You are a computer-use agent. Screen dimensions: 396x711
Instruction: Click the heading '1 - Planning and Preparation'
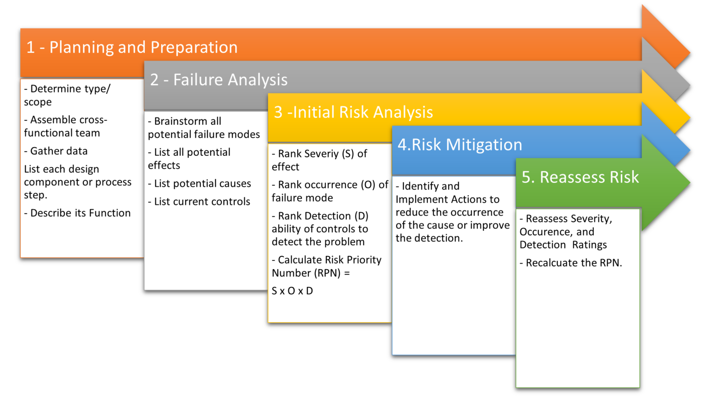(x=132, y=47)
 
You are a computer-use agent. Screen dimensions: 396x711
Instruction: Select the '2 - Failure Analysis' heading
(x=218, y=80)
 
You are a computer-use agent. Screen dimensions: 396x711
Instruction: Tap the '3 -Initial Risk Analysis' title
(x=353, y=112)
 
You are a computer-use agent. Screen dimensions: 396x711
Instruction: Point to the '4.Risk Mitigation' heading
(x=460, y=144)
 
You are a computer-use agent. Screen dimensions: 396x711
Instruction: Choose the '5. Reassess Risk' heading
(x=580, y=177)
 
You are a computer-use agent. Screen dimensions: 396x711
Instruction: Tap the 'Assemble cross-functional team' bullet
(x=65, y=126)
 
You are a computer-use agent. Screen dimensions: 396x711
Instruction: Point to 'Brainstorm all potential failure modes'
(x=204, y=128)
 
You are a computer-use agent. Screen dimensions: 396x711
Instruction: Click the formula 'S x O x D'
(x=292, y=291)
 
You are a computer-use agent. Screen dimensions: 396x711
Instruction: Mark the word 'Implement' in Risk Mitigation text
(x=419, y=199)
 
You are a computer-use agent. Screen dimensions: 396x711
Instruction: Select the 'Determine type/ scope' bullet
(x=67, y=95)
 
